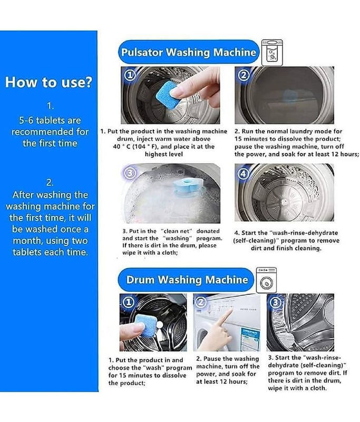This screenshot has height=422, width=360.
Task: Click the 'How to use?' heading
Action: pyautogui.click(x=48, y=82)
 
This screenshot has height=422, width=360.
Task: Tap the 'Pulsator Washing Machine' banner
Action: pyautogui.click(x=189, y=52)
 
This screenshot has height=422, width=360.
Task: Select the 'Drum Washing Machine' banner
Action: pyautogui.click(x=186, y=280)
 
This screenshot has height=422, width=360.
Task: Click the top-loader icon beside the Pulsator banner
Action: pyautogui.click(x=272, y=52)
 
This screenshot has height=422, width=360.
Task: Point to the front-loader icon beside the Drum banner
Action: pyautogui.click(x=266, y=280)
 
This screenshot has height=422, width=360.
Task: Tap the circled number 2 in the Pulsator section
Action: pyautogui.click(x=244, y=75)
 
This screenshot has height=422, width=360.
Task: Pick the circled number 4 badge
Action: pyautogui.click(x=243, y=174)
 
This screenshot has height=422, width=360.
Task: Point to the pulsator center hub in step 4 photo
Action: pyautogui.click(x=284, y=200)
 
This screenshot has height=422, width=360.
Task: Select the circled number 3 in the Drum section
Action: pyautogui.click(x=276, y=302)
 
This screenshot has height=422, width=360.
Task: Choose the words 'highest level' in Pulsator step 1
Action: pyautogui.click(x=164, y=154)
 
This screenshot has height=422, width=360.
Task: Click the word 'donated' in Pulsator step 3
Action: pyautogui.click(x=208, y=231)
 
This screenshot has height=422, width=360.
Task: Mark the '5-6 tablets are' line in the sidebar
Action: pyautogui.click(x=50, y=120)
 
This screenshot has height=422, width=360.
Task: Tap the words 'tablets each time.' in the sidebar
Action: pyautogui.click(x=50, y=252)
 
